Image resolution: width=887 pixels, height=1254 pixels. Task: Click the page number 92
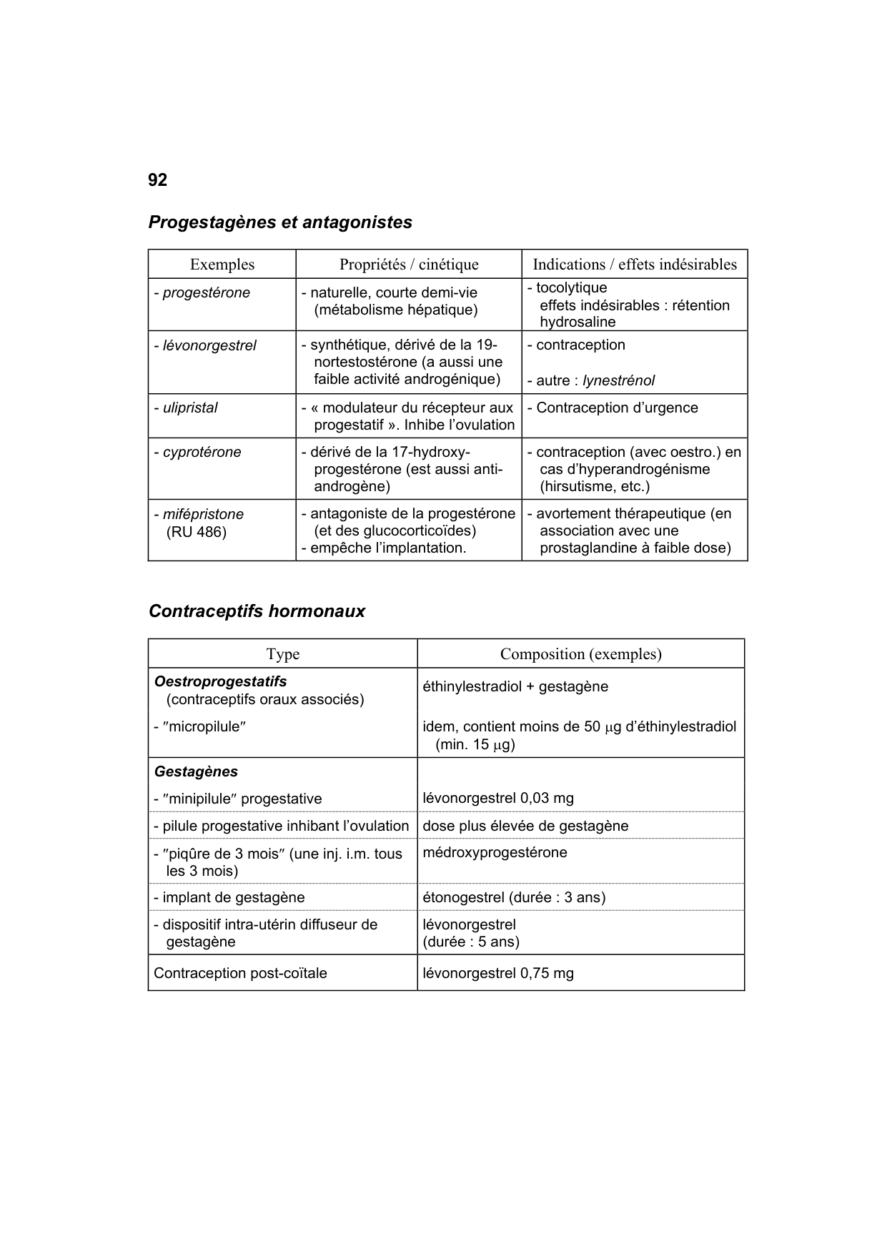pyautogui.click(x=157, y=180)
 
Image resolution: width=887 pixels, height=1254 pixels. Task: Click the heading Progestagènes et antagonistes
pyautogui.click(x=280, y=222)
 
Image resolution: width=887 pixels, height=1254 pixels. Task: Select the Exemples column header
pyautogui.click(x=222, y=265)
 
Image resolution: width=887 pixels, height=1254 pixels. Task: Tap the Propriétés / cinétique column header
pyautogui.click(x=409, y=265)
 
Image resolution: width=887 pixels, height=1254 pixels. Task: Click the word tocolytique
pyautogui.click(x=571, y=288)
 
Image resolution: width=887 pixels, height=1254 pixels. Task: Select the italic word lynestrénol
pyautogui.click(x=618, y=381)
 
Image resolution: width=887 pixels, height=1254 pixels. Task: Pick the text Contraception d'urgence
pyautogui.click(x=617, y=408)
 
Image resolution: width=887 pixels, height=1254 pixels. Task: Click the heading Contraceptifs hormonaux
pyautogui.click(x=257, y=611)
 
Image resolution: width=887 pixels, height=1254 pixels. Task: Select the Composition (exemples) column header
pyautogui.click(x=580, y=654)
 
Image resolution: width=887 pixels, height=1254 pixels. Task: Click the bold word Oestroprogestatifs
pyautogui.click(x=220, y=681)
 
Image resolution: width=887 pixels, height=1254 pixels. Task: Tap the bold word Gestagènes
pyautogui.click(x=196, y=772)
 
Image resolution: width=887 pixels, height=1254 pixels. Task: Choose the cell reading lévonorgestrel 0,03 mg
pyautogui.click(x=498, y=799)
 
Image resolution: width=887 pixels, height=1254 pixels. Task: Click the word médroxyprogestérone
pyautogui.click(x=495, y=853)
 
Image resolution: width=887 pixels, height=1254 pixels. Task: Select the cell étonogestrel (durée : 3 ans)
pyautogui.click(x=514, y=897)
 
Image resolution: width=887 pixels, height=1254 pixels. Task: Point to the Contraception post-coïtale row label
pyautogui.click(x=240, y=974)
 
